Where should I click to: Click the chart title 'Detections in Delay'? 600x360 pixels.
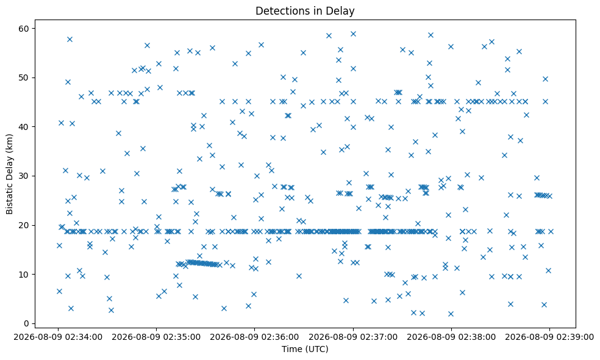[305, 11]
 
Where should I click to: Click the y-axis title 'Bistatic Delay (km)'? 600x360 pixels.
[9, 174]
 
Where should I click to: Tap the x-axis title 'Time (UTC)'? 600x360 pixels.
[305, 349]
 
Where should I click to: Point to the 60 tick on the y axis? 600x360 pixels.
[27, 28]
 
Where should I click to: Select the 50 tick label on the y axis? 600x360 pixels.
[27, 77]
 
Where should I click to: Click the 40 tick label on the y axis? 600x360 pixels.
[27, 127]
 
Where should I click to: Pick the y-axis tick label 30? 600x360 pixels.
[27, 176]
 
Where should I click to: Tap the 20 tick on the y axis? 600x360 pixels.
[27, 225]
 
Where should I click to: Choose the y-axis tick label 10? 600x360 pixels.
[27, 274]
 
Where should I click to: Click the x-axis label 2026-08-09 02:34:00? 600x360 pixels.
[58, 337]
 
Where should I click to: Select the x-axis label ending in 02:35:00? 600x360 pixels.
[156, 337]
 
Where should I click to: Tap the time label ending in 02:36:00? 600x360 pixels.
[254, 337]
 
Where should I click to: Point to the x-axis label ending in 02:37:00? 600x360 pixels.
[353, 337]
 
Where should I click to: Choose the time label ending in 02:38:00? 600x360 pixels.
[451, 337]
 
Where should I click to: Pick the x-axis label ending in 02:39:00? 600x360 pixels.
[549, 337]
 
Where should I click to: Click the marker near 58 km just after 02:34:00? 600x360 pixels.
[70, 39]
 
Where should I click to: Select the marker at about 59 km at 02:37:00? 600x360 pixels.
[353, 34]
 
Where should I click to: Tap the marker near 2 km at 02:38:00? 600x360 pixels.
[451, 314]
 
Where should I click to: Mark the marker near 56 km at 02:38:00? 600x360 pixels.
[451, 46]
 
